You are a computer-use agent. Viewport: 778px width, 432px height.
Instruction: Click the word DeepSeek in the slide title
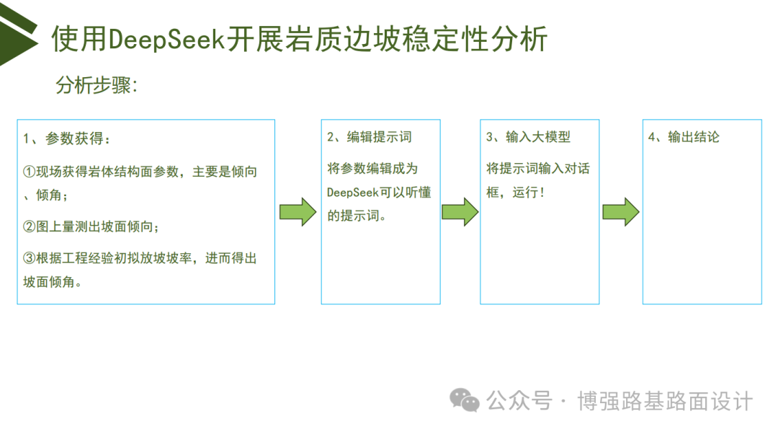(x=166, y=39)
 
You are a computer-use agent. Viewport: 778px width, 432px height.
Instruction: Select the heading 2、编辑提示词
(x=369, y=137)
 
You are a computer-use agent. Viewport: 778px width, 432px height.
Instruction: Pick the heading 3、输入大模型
(x=529, y=137)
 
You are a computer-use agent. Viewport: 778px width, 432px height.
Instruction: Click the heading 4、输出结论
(x=684, y=137)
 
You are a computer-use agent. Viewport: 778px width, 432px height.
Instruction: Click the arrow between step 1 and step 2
(x=298, y=212)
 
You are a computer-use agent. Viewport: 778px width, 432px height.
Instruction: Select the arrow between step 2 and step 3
(x=460, y=212)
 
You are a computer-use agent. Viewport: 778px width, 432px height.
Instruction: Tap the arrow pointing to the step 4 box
(x=621, y=212)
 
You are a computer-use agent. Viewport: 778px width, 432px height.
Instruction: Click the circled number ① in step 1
(x=30, y=172)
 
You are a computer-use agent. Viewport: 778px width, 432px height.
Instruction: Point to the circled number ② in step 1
(x=30, y=227)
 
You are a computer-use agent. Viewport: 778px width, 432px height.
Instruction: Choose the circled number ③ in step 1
(x=30, y=258)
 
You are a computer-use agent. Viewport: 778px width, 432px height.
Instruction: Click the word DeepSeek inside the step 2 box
(x=352, y=193)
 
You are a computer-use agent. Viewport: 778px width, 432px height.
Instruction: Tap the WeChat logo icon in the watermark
(x=465, y=400)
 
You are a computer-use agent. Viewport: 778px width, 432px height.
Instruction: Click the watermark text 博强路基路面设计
(x=665, y=401)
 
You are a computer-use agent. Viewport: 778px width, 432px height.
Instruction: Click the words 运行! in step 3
(x=529, y=193)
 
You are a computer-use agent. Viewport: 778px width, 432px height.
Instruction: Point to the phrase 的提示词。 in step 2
(x=357, y=216)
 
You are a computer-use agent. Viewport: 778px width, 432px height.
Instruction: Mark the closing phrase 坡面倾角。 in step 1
(x=53, y=282)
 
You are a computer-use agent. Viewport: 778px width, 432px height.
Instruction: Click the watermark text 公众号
(x=519, y=401)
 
